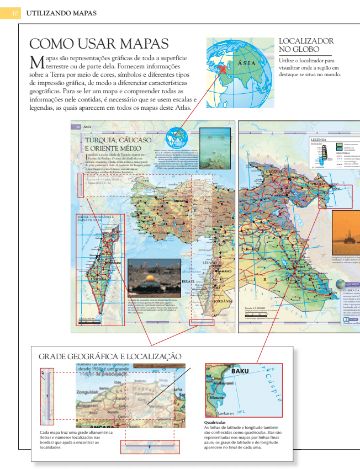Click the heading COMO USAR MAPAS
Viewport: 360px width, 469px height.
(98, 44)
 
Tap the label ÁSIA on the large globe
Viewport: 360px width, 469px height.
(246, 63)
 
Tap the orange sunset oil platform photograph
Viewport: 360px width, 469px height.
(346, 232)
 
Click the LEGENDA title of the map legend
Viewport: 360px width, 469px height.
(319, 140)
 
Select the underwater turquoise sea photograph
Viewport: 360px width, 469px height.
(215, 140)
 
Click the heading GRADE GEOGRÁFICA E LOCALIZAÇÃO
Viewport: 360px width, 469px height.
(110, 357)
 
